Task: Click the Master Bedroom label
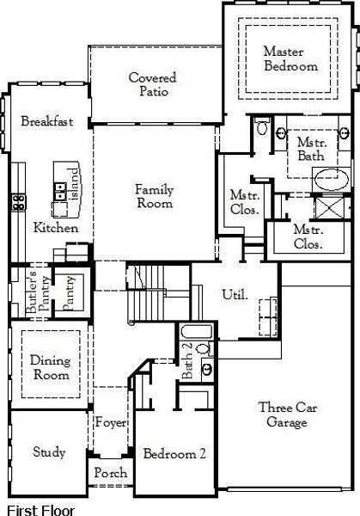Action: tap(290, 59)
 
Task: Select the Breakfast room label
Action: tap(47, 121)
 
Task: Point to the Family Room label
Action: tap(155, 196)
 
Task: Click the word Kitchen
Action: tap(56, 229)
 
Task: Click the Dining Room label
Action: tap(50, 368)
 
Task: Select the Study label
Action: tap(49, 452)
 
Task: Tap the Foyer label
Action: tap(110, 422)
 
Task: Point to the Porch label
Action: tap(110, 473)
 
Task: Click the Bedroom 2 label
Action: tap(174, 454)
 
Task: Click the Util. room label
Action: tap(235, 294)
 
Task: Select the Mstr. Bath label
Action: tap(309, 149)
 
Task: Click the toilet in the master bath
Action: tap(264, 130)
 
